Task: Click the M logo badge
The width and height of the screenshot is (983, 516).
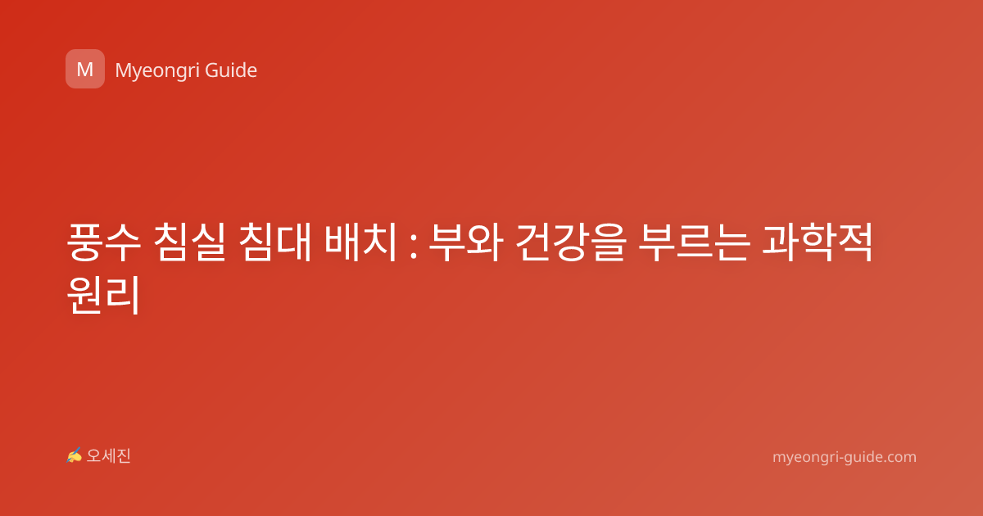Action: click(85, 69)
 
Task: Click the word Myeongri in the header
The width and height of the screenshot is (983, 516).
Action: click(156, 71)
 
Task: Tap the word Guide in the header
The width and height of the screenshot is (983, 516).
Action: click(231, 70)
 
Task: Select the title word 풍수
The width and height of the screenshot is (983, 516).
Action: click(104, 242)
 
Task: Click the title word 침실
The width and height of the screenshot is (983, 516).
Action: click(189, 242)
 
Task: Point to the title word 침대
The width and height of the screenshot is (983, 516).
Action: click(274, 242)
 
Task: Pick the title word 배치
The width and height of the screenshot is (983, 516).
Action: click(360, 242)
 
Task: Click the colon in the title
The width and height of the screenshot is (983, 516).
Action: click(413, 247)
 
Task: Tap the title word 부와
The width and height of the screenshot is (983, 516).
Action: click(465, 242)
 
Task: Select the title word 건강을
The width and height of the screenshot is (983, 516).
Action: click(570, 242)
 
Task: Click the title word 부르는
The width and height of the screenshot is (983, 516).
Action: click(693, 242)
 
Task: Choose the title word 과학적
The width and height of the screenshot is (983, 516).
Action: click(818, 242)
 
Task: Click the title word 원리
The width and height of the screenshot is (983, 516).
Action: click(103, 295)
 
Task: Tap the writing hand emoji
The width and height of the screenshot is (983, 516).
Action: click(74, 455)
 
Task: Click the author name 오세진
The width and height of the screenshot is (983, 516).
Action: click(108, 456)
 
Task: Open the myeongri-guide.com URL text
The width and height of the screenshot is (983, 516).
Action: click(845, 457)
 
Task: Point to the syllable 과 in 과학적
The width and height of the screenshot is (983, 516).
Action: click(780, 242)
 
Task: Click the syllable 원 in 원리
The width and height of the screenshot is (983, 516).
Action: click(85, 295)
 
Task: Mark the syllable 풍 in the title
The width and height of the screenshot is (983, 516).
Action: click(85, 242)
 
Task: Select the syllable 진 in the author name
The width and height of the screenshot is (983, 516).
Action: click(124, 456)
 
